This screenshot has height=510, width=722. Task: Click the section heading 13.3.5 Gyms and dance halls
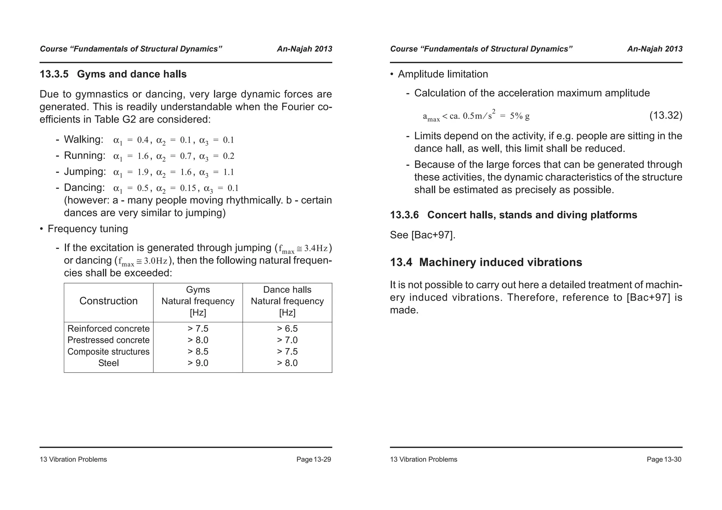pyautogui.click(x=113, y=74)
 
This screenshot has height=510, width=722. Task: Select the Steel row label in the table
pyautogui.click(x=108, y=363)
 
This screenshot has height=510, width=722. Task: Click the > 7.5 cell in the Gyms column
pyautogui.click(x=198, y=329)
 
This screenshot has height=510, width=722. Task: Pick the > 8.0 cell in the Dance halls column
pyautogui.click(x=287, y=363)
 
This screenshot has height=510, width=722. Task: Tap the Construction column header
pyautogui.click(x=108, y=301)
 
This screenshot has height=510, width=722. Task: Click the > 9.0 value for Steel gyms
pyautogui.click(x=198, y=363)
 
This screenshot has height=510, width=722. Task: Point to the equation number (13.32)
pyautogui.click(x=666, y=116)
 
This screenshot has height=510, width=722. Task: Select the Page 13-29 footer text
pyautogui.click(x=313, y=459)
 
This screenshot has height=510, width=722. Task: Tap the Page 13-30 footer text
pyautogui.click(x=664, y=459)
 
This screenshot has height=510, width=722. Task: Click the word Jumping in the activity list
pyautogui.click(x=85, y=172)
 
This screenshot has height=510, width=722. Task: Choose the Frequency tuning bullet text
pyautogui.click(x=87, y=229)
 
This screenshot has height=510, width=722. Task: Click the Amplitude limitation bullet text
pyautogui.click(x=443, y=74)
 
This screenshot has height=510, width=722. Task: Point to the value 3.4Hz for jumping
pyautogui.click(x=316, y=249)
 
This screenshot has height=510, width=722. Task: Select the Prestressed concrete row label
pyautogui.click(x=108, y=340)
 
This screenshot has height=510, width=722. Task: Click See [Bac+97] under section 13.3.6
pyautogui.click(x=422, y=235)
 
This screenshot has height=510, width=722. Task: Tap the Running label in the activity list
pyautogui.click(x=84, y=156)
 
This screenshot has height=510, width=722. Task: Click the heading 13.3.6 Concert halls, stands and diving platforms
pyautogui.click(x=513, y=215)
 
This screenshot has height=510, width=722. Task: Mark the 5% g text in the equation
pyautogui.click(x=520, y=116)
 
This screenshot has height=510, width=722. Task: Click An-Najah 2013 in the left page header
pyautogui.click(x=304, y=49)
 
